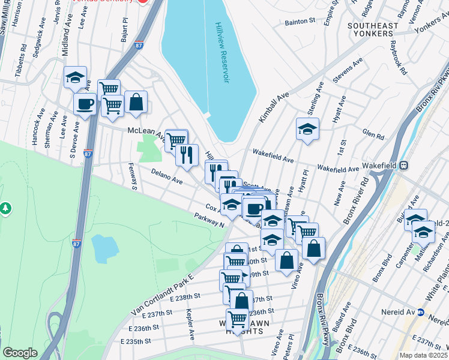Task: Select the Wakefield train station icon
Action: tap(404, 165)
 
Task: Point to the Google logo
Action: tap(20, 353)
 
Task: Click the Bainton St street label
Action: tap(300, 21)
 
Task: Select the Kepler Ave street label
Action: tap(190, 322)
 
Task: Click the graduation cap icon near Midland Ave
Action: tap(76, 77)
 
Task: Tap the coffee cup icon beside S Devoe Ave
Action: tap(85, 103)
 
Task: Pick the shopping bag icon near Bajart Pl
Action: tap(136, 102)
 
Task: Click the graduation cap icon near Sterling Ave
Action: tap(307, 129)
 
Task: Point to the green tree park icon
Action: tap(6, 208)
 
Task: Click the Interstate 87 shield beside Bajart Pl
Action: tap(139, 45)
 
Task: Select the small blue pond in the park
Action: tap(106, 248)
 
